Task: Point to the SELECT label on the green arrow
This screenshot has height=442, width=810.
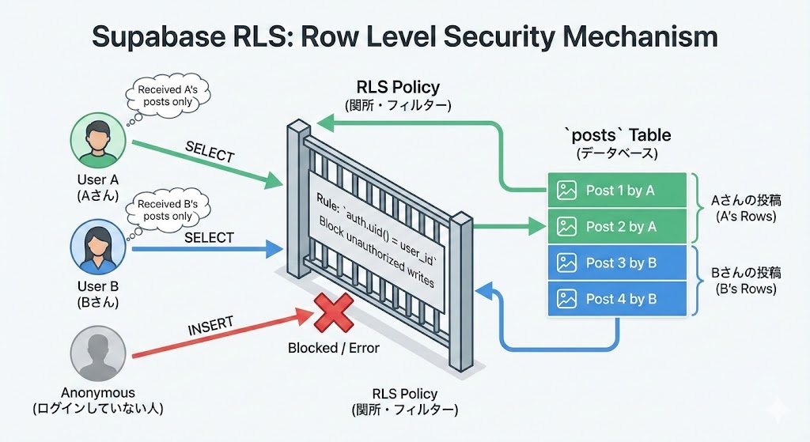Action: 210,152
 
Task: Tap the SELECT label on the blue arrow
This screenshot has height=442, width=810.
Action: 209,237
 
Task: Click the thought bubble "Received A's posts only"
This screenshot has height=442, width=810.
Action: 171,96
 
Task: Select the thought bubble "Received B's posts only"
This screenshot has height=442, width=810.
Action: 165,210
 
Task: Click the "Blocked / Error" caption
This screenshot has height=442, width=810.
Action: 334,348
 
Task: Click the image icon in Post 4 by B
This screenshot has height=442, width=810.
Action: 566,299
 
